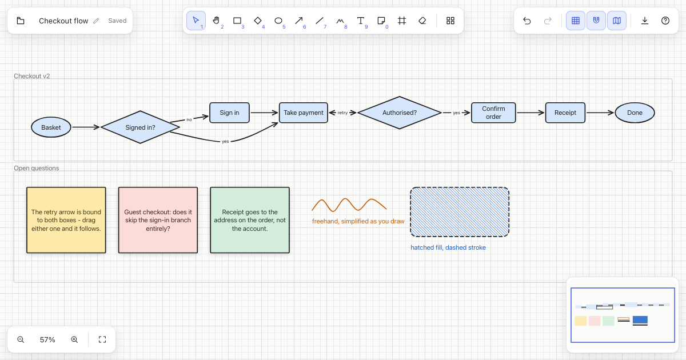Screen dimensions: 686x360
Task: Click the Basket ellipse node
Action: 51,127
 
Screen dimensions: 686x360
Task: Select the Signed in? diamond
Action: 140,127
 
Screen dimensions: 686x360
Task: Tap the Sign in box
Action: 229,113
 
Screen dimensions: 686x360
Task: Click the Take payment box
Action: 303,113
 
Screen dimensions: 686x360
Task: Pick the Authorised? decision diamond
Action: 400,113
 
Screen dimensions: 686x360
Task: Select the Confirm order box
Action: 493,113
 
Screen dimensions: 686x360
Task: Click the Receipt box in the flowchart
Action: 565,113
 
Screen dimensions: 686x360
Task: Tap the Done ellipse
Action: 635,113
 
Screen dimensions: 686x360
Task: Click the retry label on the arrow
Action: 342,113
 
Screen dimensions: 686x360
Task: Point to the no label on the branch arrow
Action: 189,119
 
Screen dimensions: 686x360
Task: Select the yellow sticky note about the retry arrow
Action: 66,220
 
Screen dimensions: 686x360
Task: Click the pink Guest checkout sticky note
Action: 158,220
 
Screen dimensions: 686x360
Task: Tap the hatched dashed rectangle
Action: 460,212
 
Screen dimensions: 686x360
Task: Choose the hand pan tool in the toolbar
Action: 216,21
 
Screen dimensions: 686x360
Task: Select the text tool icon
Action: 361,21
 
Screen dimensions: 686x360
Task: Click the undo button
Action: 527,21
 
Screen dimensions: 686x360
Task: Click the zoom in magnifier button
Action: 74,339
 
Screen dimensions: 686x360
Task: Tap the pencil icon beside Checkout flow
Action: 96,21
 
